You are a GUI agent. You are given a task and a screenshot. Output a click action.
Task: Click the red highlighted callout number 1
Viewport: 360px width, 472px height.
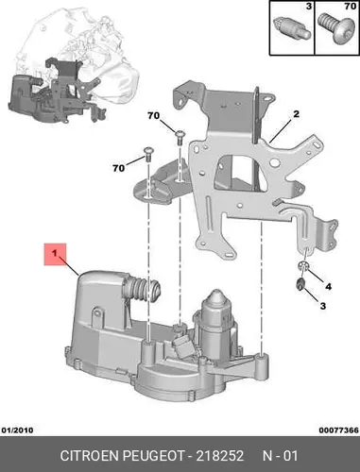click(55, 253)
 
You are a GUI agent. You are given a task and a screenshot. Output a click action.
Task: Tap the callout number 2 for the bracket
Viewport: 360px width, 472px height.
click(296, 114)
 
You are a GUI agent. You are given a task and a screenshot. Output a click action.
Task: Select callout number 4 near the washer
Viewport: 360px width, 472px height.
click(328, 287)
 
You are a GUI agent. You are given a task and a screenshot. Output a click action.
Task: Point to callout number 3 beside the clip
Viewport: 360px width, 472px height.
click(323, 306)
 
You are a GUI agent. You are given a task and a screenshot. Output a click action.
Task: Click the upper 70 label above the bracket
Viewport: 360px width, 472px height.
click(153, 116)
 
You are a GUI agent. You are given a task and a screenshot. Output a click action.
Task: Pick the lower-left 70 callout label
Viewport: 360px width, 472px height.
click(119, 168)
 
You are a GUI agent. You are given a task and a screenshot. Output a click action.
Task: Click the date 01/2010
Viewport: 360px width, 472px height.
click(18, 430)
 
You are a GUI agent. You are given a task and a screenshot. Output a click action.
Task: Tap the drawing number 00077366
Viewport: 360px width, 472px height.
click(338, 430)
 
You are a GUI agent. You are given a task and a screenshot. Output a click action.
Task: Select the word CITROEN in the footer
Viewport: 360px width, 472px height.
click(90, 456)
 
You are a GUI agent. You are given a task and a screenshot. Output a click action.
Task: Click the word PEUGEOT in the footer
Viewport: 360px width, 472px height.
click(153, 456)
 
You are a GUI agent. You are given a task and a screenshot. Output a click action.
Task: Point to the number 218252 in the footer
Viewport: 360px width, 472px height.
click(220, 456)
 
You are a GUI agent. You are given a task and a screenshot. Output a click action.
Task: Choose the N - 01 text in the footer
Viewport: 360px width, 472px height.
click(280, 456)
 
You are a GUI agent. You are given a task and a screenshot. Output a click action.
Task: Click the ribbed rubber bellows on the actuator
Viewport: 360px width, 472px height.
click(142, 289)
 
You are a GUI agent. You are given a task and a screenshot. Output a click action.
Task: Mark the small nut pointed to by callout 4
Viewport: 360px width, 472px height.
click(303, 266)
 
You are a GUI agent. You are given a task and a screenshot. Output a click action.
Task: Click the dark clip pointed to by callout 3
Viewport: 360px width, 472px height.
click(300, 283)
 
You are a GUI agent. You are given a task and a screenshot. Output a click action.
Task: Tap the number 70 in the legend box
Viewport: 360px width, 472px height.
click(350, 6)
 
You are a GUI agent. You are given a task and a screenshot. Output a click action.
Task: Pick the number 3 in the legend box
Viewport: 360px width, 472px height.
click(309, 6)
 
